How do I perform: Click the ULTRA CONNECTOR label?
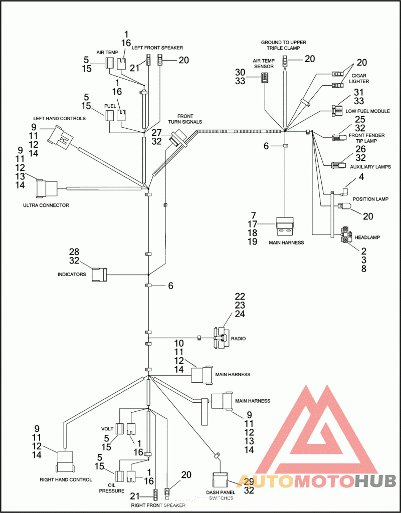(x=46, y=205)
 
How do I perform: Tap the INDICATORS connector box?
(x=99, y=275)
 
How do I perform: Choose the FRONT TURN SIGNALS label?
(x=189, y=118)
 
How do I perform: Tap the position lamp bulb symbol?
(x=344, y=205)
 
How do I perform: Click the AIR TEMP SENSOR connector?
(x=265, y=78)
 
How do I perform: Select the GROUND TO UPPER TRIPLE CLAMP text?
(x=283, y=46)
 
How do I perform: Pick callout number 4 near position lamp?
(x=360, y=177)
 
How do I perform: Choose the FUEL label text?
(x=110, y=106)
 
